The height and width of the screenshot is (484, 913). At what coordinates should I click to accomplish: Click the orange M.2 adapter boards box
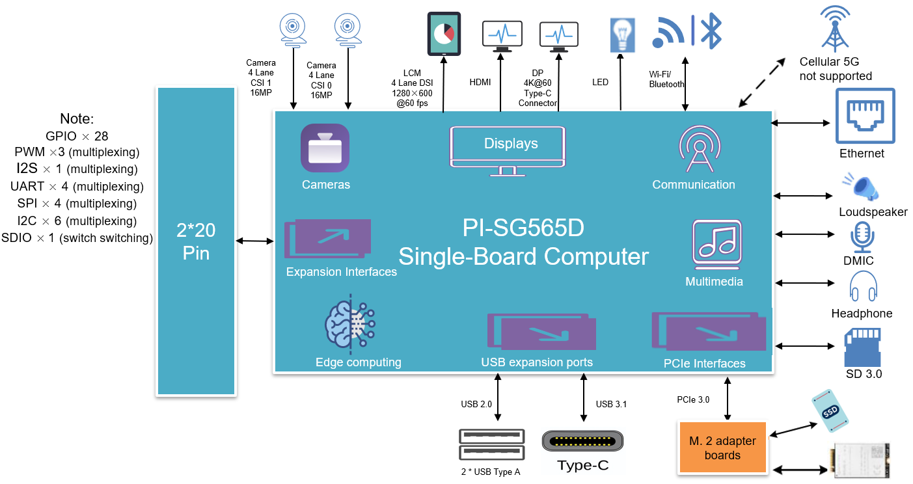tap(722, 448)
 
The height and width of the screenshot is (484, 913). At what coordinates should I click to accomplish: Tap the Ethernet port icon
tap(865, 116)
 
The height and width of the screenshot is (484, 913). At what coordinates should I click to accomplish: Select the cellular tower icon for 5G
tap(835, 29)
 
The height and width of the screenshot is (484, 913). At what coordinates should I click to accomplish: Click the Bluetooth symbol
tap(709, 31)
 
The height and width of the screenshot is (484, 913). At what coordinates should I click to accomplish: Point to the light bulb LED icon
tap(621, 34)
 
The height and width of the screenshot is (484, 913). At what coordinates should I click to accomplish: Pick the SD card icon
tap(862, 348)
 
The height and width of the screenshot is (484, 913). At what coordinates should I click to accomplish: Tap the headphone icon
tap(863, 287)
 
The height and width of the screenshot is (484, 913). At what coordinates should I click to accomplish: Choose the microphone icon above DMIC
tap(863, 237)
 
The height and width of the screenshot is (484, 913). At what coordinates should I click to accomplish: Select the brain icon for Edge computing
tap(350, 323)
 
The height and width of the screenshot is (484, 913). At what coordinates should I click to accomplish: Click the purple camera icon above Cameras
tap(325, 149)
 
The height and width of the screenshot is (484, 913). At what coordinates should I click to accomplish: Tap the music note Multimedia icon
tap(716, 245)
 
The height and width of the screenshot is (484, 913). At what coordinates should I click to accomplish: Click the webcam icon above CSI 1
tap(292, 30)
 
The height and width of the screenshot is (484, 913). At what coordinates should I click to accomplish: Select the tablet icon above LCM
tap(444, 34)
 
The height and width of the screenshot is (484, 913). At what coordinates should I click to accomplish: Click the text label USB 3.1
tap(611, 405)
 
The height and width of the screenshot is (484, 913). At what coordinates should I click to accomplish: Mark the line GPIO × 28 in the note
tap(77, 136)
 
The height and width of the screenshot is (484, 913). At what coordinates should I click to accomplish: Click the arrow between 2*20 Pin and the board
tap(254, 241)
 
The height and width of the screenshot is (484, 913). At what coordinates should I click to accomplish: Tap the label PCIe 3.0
tap(692, 399)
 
